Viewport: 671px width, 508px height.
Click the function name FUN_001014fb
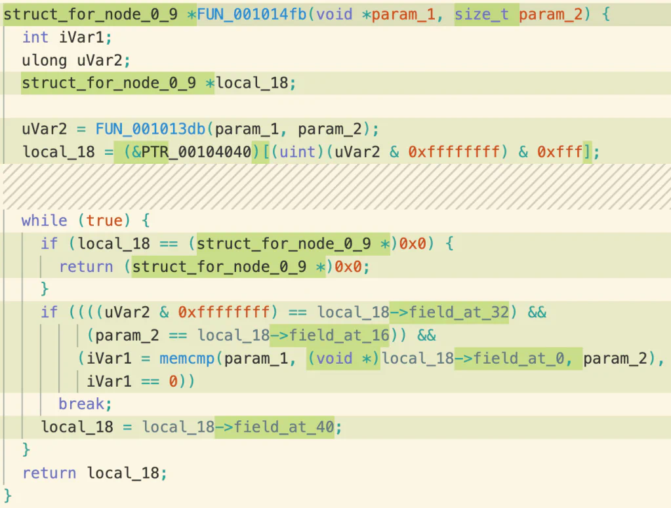point(252,14)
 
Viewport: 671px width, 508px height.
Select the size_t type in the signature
point(481,14)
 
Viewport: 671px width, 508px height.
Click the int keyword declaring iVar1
point(35,37)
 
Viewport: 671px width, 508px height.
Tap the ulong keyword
point(45,61)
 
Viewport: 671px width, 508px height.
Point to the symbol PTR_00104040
point(196,152)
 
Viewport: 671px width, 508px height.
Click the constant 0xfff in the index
point(559,152)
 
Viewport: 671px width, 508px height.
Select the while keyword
point(45,221)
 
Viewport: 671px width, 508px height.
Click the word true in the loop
point(104,221)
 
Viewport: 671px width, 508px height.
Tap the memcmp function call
point(187,359)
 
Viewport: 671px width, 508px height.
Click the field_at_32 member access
point(458,312)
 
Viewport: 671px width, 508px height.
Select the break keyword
point(81,404)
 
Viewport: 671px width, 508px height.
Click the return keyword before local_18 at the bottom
point(49,473)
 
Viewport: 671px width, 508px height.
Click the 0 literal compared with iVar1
point(173,381)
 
